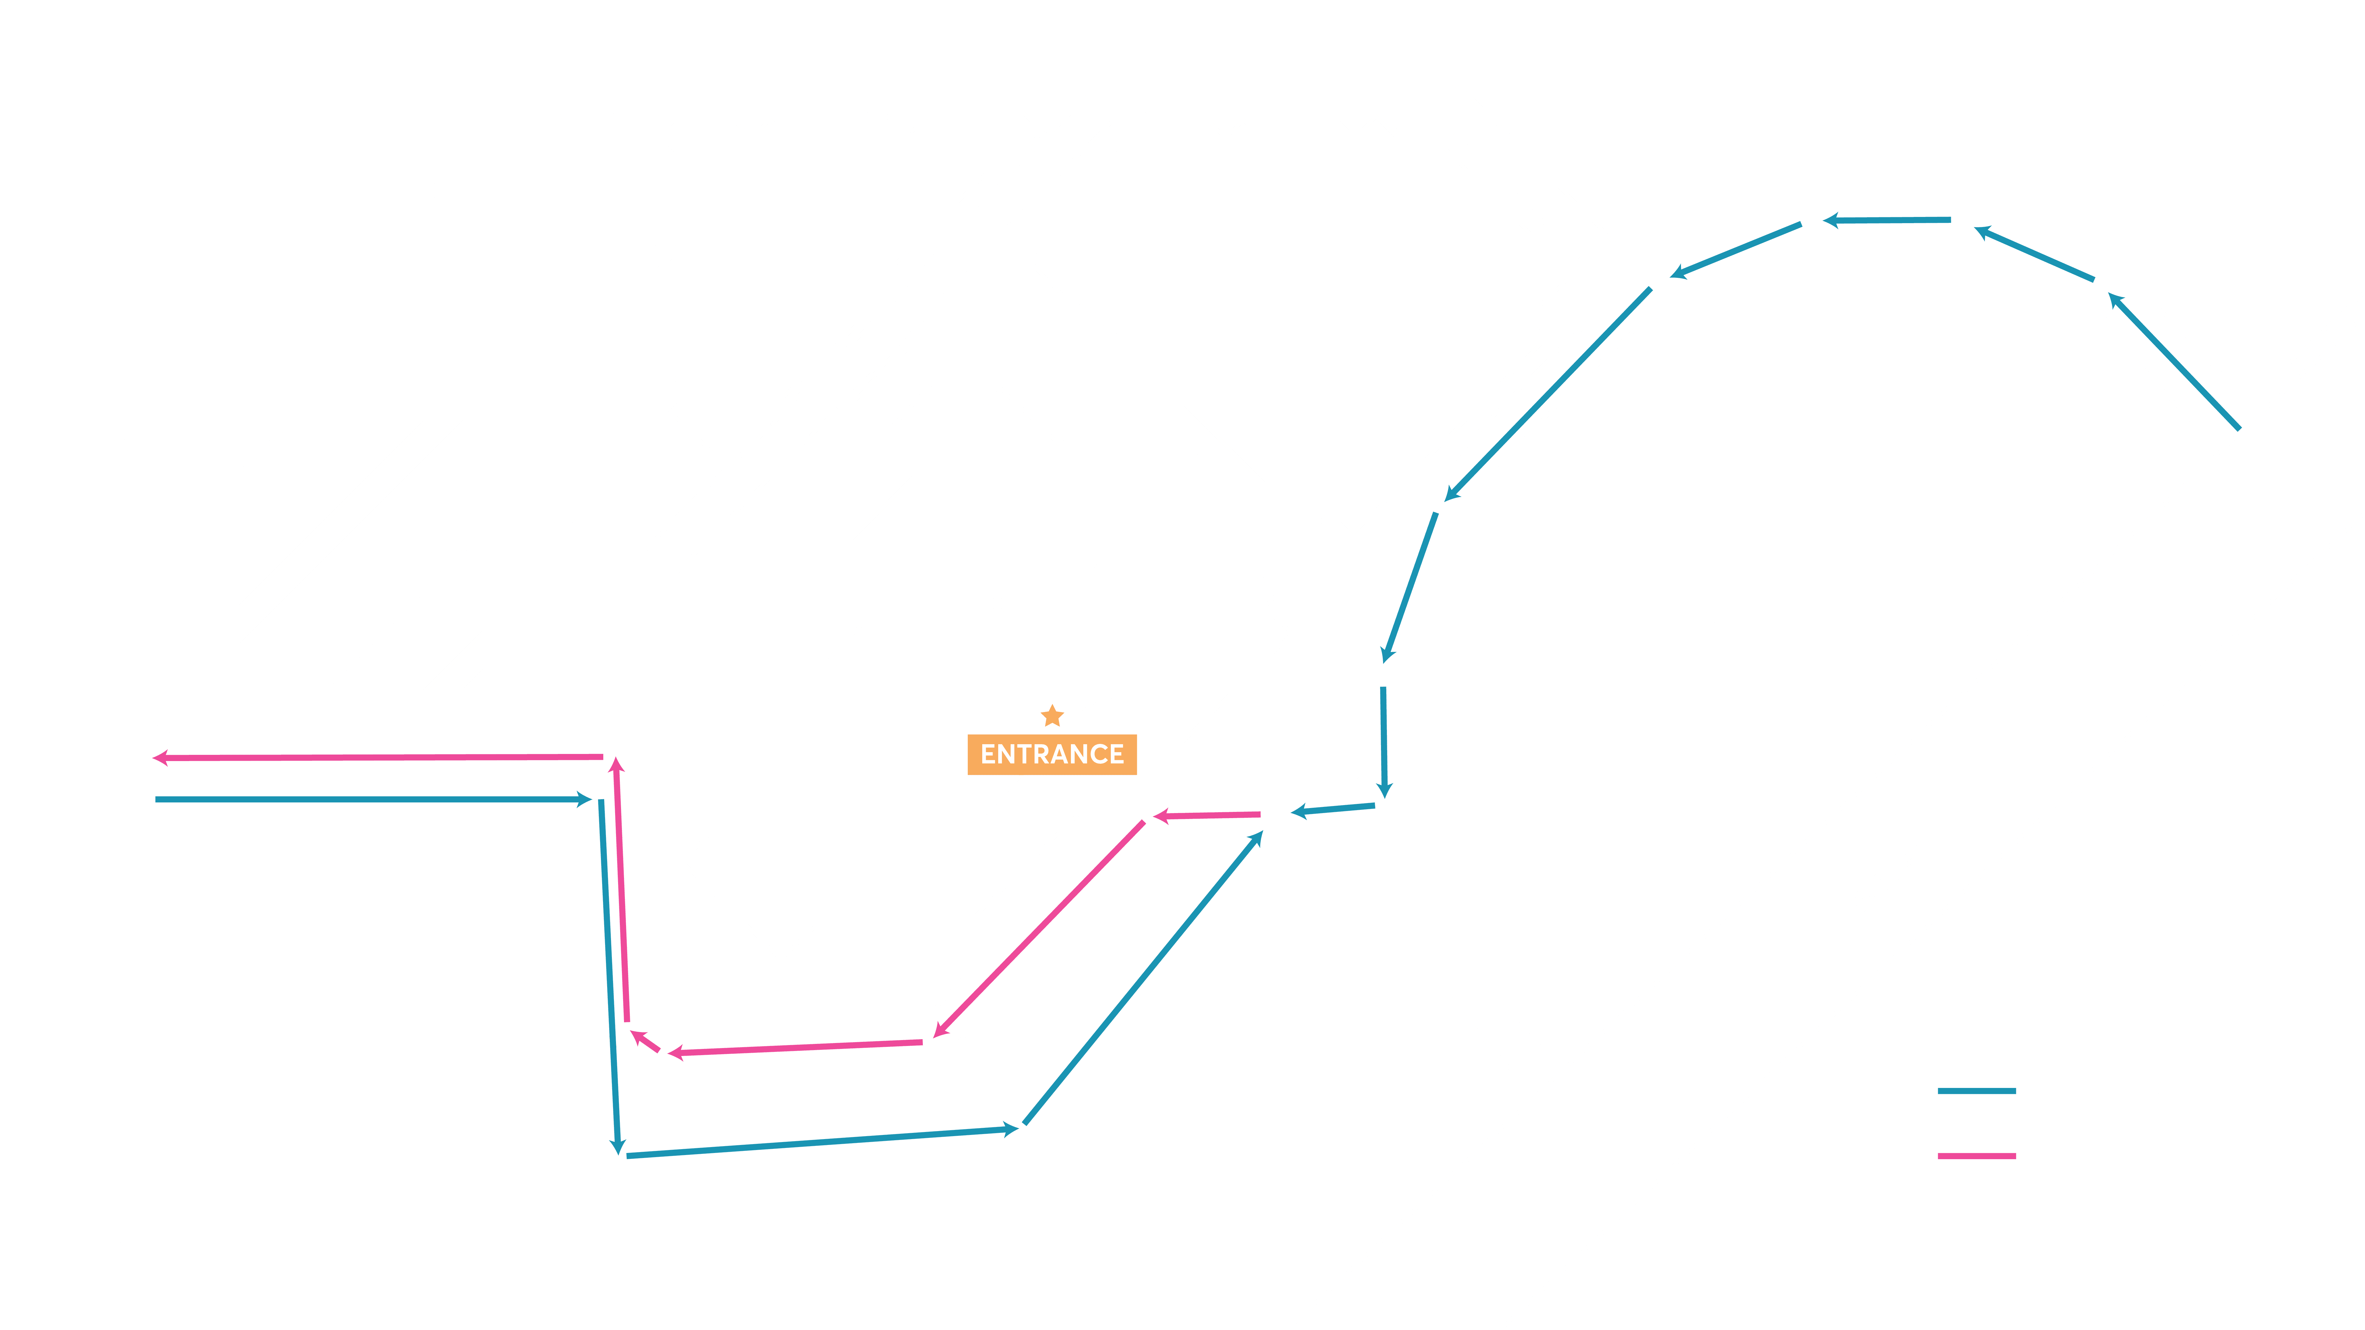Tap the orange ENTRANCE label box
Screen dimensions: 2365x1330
[1052, 755]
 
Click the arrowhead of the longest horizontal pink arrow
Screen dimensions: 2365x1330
[160, 758]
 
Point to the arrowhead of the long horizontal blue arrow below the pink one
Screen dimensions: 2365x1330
[584, 799]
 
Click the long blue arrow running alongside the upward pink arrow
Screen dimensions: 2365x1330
[610, 977]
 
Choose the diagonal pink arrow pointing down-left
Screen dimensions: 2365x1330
[1038, 929]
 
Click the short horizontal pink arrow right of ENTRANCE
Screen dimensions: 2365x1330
[1206, 815]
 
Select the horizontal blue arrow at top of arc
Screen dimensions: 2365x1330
[1887, 220]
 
